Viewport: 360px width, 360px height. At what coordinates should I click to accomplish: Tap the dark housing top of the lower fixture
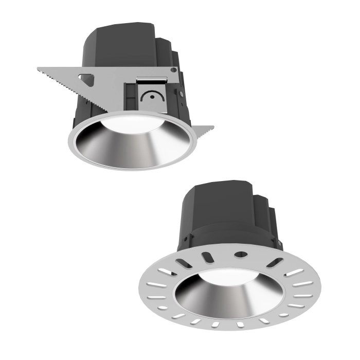pyautogui.click(x=221, y=198)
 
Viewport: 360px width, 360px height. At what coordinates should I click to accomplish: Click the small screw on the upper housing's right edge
pyautogui.click(x=182, y=94)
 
